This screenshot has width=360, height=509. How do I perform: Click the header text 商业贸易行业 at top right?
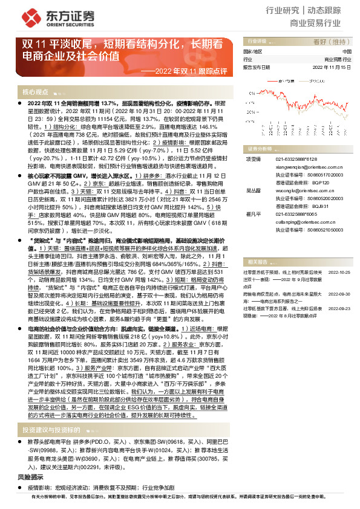click(x=315, y=24)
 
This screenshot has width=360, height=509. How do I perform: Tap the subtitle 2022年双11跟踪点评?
click(x=192, y=71)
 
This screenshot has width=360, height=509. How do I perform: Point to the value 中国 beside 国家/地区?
click(x=347, y=52)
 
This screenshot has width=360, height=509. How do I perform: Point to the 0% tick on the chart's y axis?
click(x=250, y=102)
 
